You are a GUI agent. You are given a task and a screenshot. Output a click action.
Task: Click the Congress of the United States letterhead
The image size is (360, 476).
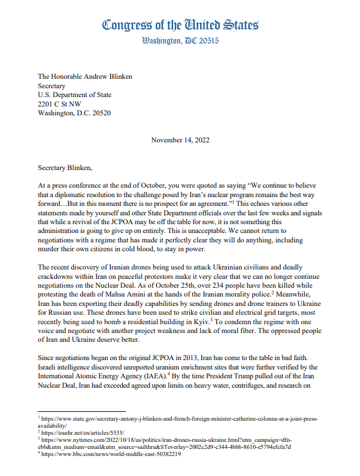[180, 25]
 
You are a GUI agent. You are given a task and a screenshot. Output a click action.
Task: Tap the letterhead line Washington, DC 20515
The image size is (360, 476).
[180, 41]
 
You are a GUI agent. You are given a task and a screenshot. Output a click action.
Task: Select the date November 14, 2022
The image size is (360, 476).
[179, 141]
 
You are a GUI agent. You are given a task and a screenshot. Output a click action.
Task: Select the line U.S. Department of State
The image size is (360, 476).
[74, 95]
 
